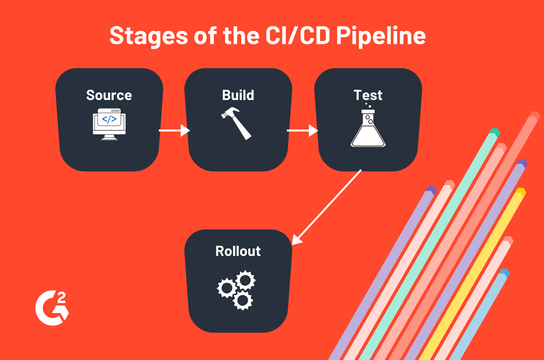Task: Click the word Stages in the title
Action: pos(148,36)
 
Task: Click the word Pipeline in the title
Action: pos(380,36)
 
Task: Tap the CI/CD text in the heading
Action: pos(297,36)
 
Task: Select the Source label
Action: pos(109,95)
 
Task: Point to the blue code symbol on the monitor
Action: pos(109,119)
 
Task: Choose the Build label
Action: pos(238,95)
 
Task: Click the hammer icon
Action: pos(236,123)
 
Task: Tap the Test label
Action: pos(368,95)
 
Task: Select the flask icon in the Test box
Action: pos(368,129)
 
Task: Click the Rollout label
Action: pos(238,251)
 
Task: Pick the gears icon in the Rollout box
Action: pos(236,290)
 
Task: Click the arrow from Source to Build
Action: pos(174,130)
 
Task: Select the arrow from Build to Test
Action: pos(302,130)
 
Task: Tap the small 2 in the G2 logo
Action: pos(62,298)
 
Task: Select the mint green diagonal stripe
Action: pos(428,250)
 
